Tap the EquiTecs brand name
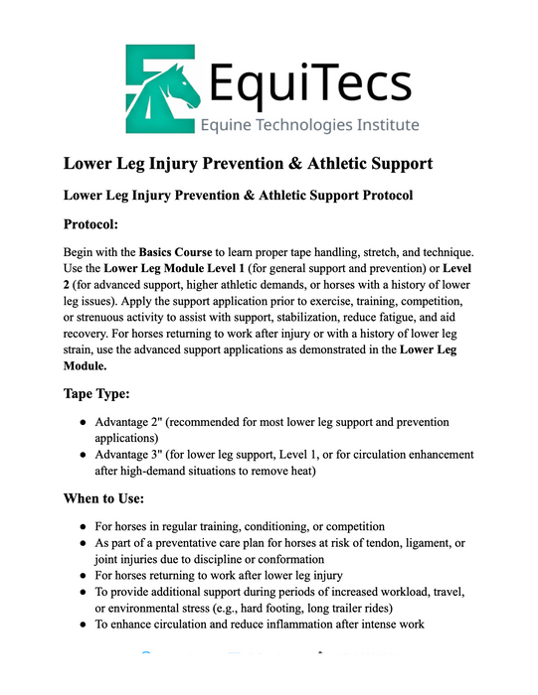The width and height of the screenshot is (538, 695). [x=312, y=76]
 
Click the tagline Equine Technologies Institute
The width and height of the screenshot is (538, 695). [x=309, y=126]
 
